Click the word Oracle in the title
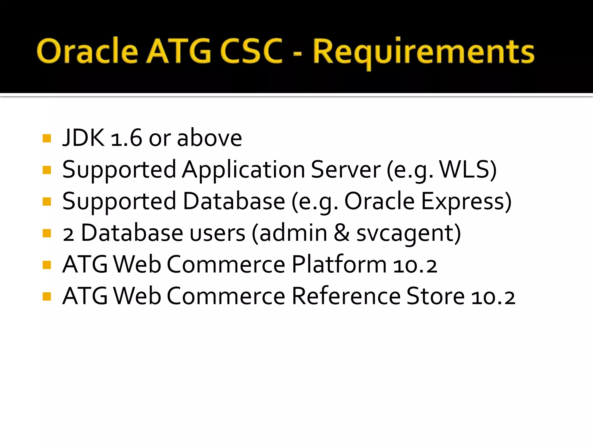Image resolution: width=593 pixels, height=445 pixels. point(87,52)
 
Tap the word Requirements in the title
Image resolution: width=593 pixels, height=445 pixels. point(423,52)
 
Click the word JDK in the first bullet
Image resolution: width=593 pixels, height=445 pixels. point(83,138)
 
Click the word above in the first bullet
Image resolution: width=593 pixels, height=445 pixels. point(209,138)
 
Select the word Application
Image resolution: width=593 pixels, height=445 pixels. point(244,170)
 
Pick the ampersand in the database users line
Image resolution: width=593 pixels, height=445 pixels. point(342,233)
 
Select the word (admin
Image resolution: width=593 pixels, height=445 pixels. point(290,233)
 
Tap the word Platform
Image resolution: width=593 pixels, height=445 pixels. point(339,265)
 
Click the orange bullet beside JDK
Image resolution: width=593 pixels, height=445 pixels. point(47,138)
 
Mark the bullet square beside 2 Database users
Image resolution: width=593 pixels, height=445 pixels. point(47,233)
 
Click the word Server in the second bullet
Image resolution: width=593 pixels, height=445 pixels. point(346,170)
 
